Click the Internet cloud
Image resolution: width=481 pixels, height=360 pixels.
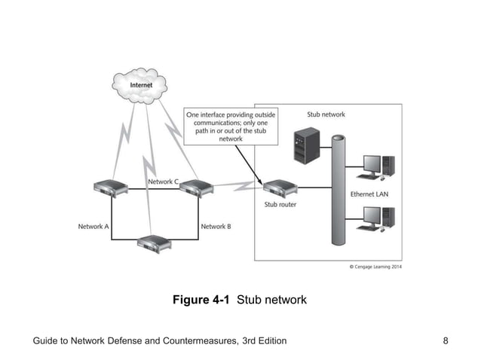coord(140,85)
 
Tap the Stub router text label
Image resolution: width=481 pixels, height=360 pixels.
coord(280,204)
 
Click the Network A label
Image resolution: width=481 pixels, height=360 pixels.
coord(93,226)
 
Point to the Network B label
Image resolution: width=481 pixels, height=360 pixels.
coord(216,226)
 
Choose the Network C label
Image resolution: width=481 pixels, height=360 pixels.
coord(163,182)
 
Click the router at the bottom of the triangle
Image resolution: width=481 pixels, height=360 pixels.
coord(154,243)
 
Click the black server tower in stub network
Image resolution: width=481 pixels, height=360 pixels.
coord(306,146)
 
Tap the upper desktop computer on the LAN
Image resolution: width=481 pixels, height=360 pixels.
coord(374,166)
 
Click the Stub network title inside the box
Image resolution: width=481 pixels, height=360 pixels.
coord(326,114)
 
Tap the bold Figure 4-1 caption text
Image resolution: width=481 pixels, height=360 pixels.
coord(203,300)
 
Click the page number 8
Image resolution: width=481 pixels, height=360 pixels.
coord(446,341)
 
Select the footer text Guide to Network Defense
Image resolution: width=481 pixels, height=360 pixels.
coord(159,341)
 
